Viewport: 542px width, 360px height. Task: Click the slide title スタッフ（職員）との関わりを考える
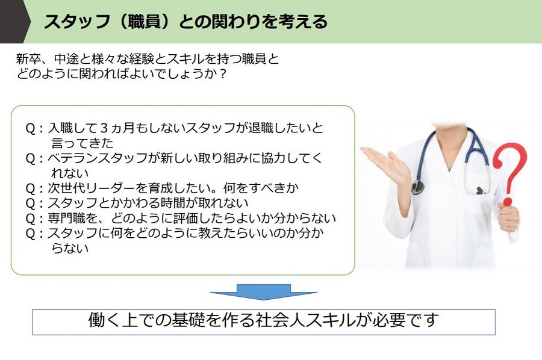pos(185,22)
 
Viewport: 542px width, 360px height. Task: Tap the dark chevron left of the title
pos(13,22)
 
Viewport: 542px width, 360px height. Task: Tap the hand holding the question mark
pos(508,216)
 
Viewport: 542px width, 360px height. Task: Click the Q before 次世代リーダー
pos(31,188)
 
